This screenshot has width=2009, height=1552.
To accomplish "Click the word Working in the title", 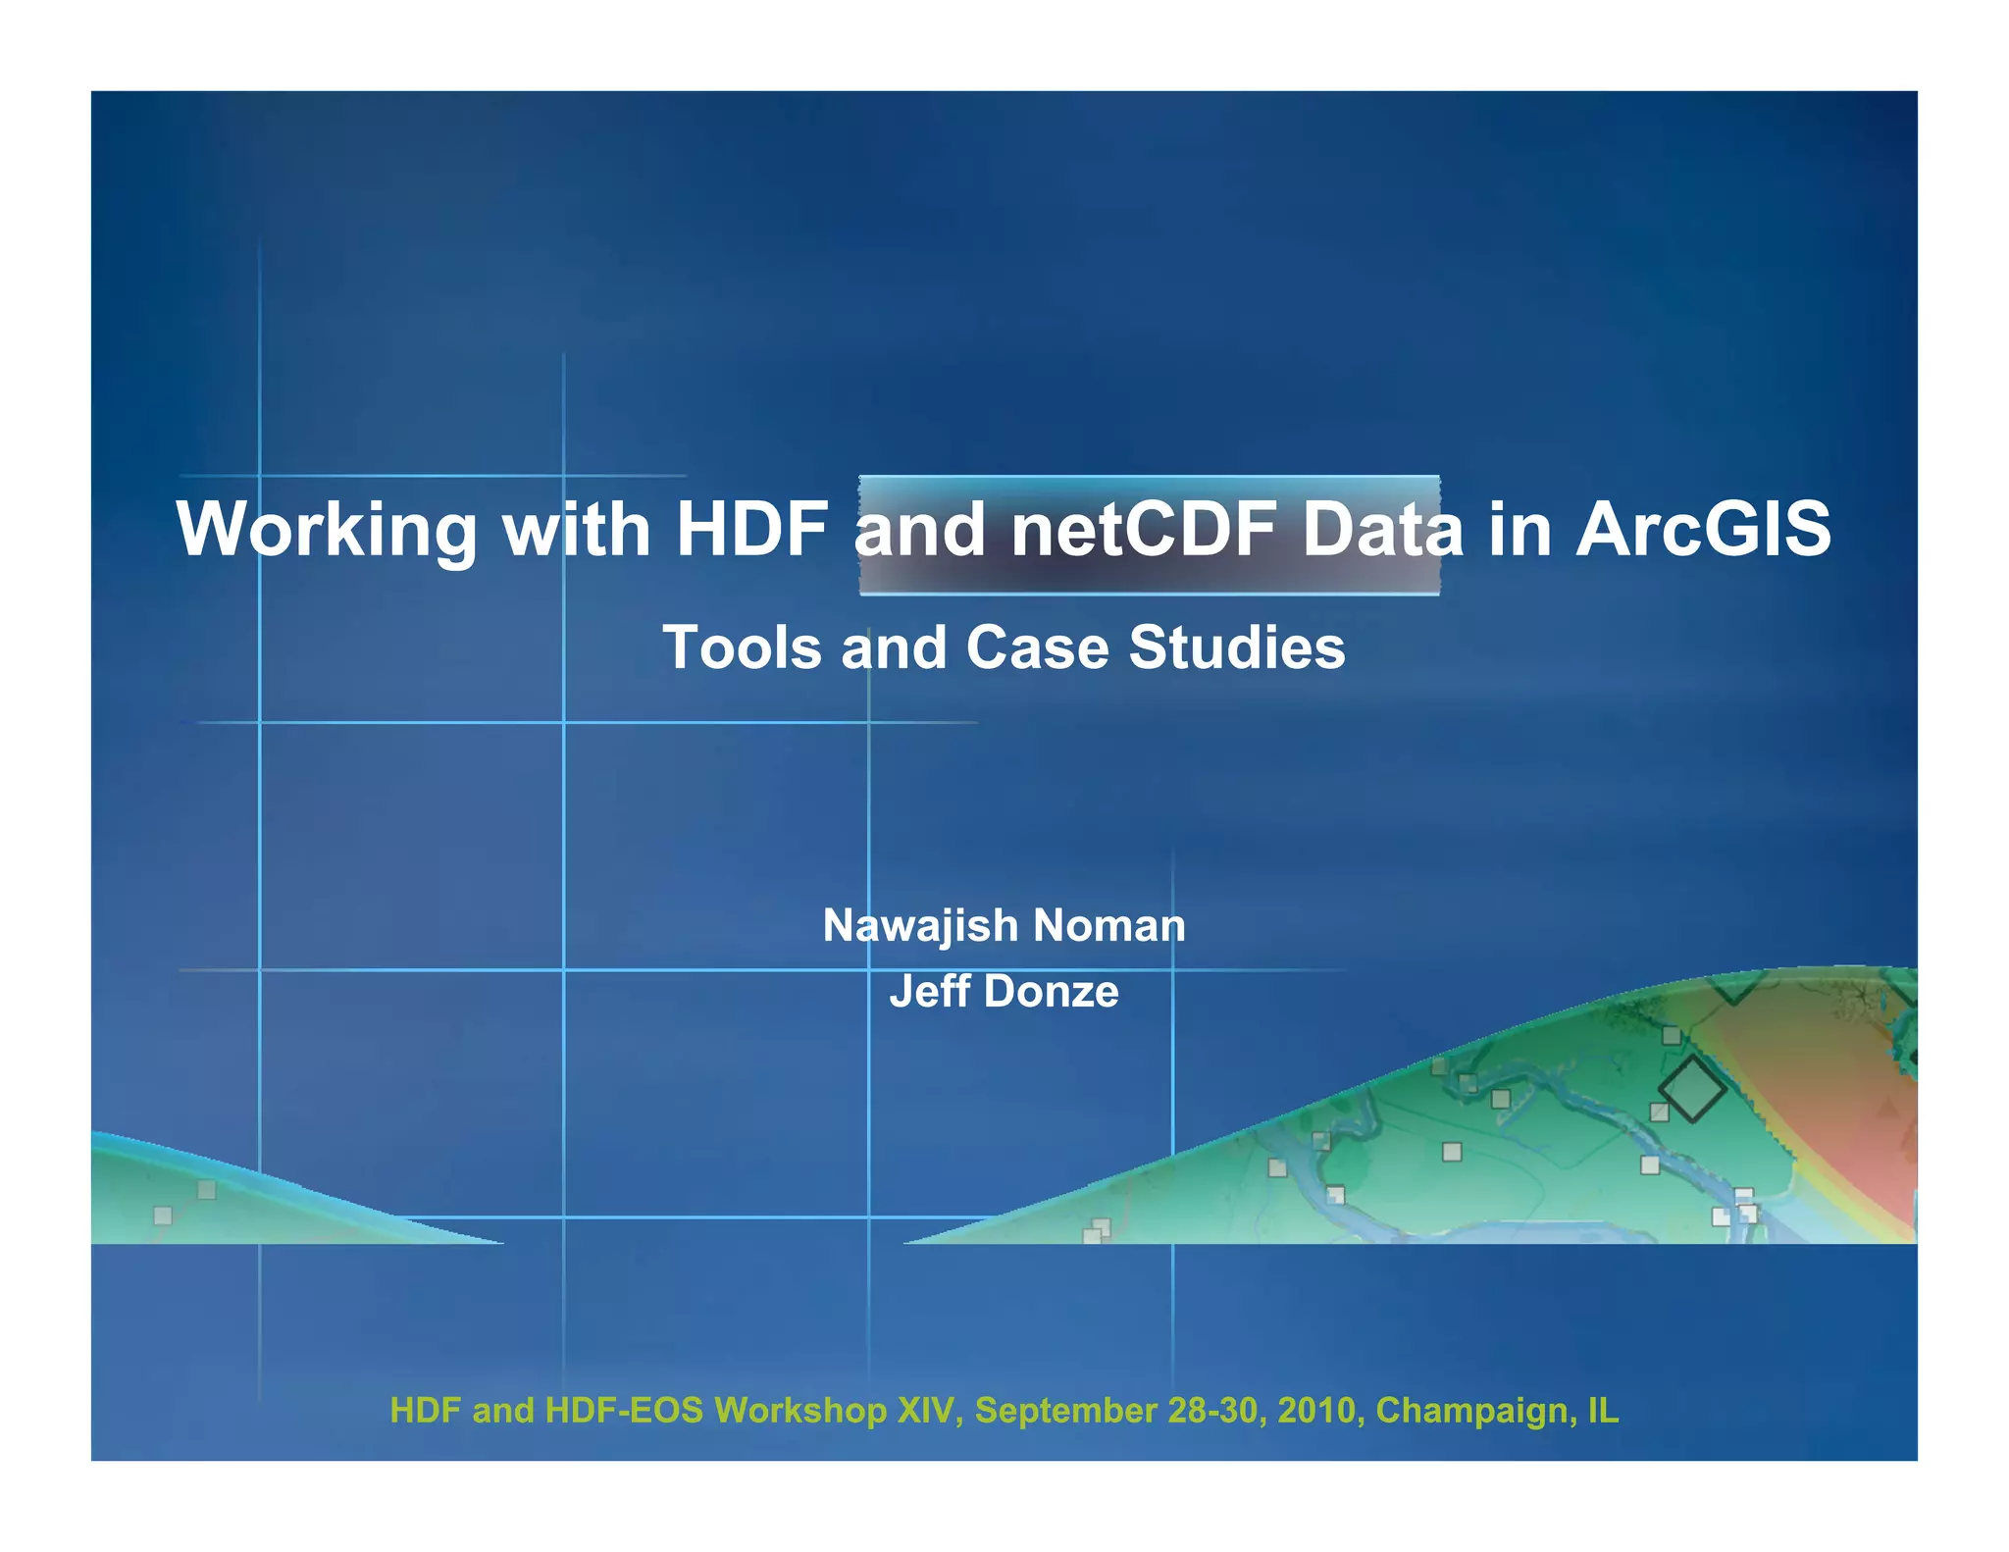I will coord(326,531).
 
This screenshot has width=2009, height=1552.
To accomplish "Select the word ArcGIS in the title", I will coord(1703,531).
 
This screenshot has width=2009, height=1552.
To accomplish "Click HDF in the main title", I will coord(751,531).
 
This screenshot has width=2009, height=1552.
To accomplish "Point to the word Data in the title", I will coord(1381,531).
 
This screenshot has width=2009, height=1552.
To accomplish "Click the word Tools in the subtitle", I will coord(742,648).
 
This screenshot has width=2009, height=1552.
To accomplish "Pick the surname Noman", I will coord(1108,926).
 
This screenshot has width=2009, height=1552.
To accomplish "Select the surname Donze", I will coord(1051,992).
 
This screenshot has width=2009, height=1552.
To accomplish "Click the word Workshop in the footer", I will coord(800,1411).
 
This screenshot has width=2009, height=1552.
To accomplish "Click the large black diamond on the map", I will coord(1691,1089).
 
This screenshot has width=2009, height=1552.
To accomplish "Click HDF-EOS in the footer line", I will coord(624,1411).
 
